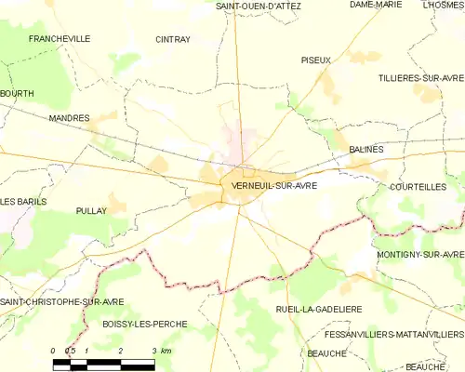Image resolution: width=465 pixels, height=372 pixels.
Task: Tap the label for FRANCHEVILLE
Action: [60, 39]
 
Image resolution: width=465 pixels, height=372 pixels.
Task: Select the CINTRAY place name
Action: [173, 40]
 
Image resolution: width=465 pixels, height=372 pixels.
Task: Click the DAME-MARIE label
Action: [376, 5]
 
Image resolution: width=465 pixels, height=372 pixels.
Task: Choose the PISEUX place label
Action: [316, 60]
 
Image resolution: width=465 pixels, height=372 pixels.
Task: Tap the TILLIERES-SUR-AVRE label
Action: [421, 77]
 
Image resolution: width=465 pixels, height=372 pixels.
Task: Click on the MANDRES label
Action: [69, 118]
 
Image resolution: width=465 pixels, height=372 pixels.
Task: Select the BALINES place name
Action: [366, 149]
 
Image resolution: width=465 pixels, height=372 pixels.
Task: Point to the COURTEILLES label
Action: [418, 186]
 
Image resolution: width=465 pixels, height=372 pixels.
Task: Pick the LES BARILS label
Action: [22, 202]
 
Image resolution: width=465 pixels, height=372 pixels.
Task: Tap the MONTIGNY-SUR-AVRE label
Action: [420, 254]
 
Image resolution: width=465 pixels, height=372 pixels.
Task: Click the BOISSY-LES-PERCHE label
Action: [144, 324]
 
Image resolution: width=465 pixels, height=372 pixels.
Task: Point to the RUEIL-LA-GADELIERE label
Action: [319, 308]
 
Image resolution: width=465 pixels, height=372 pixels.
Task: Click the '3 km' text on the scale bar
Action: [160, 351]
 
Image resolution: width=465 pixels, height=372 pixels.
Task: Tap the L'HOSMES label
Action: [444, 5]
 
